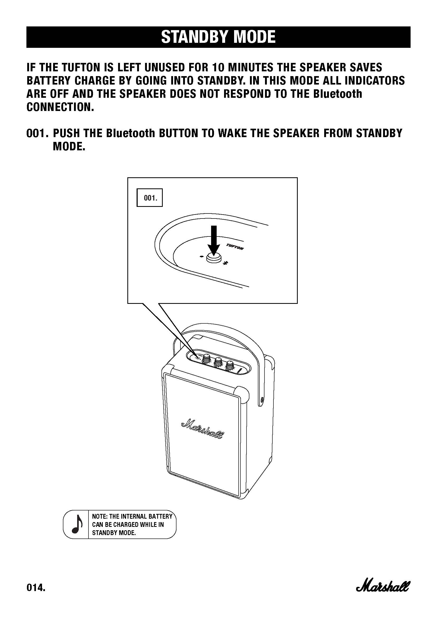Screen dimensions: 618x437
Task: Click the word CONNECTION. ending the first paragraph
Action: tap(60, 107)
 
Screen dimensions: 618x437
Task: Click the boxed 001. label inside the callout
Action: tap(150, 198)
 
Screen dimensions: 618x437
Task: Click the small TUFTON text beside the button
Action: tap(235, 247)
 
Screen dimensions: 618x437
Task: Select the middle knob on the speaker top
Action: tap(218, 362)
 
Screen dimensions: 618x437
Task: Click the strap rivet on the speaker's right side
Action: tap(262, 400)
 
